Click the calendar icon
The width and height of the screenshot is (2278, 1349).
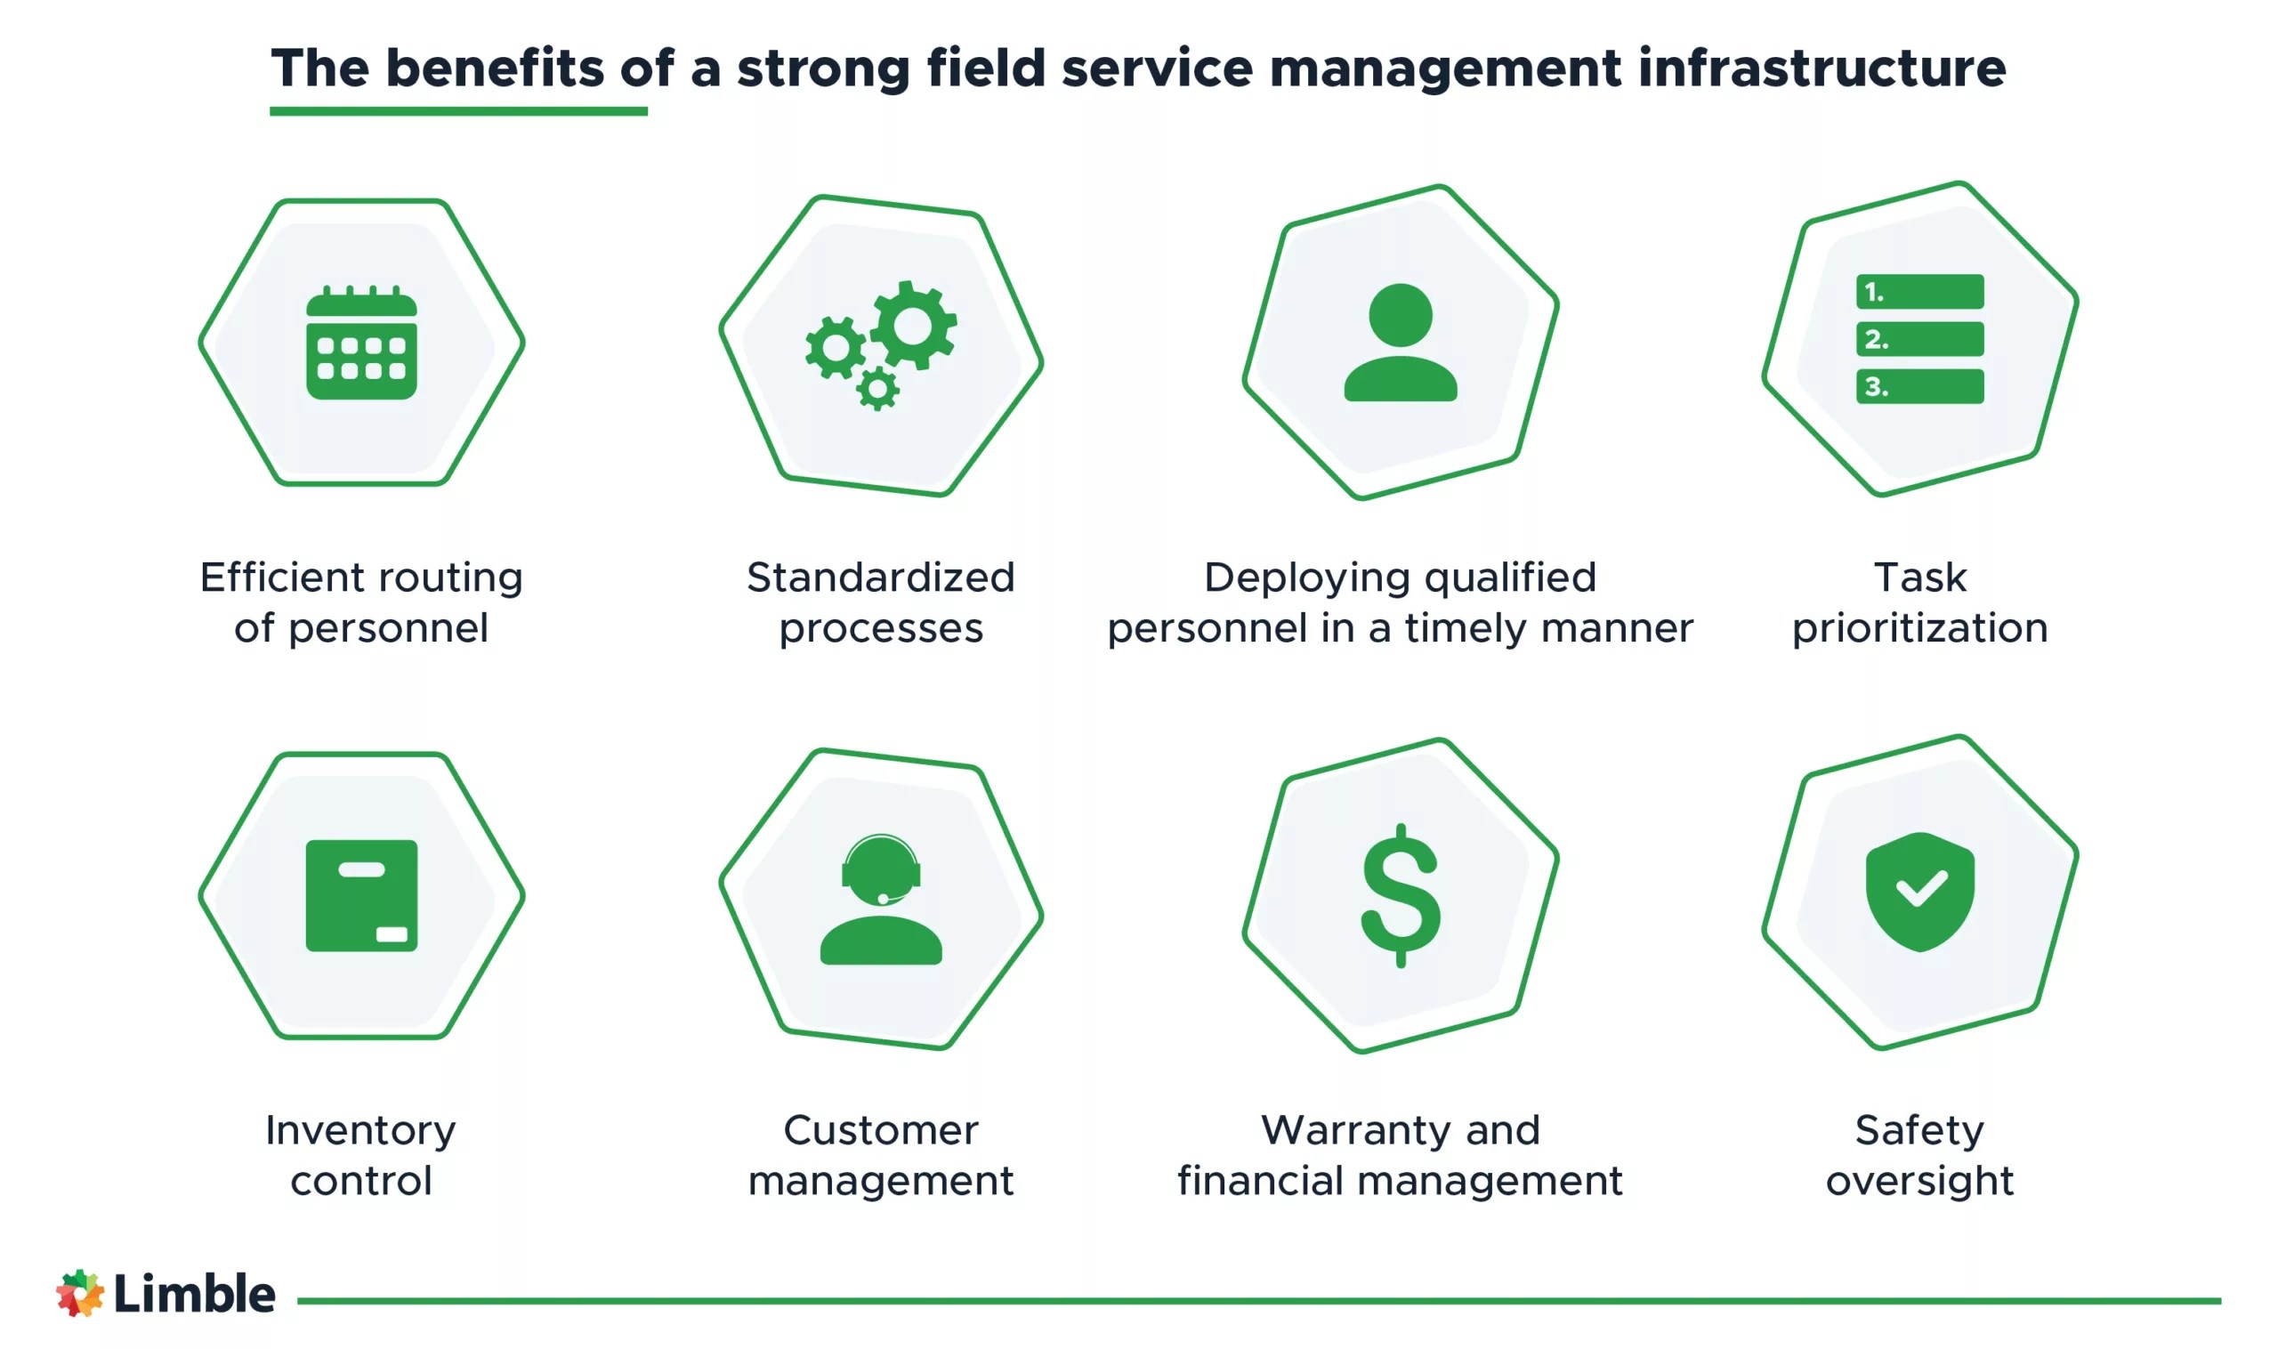(361, 343)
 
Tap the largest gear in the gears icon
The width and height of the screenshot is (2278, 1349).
(913, 325)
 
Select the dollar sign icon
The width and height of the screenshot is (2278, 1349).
(1400, 895)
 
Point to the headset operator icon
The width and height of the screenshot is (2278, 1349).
(880, 899)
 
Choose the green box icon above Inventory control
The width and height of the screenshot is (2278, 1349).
(361, 895)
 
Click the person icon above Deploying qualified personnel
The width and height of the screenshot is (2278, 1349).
(1400, 343)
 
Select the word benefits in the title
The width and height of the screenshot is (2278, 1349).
(495, 69)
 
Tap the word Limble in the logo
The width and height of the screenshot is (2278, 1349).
(194, 1294)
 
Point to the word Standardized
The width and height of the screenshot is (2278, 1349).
(880, 578)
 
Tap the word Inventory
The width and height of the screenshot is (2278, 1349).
(361, 1130)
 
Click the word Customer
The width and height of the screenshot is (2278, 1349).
(880, 1130)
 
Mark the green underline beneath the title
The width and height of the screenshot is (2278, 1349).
(458, 111)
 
